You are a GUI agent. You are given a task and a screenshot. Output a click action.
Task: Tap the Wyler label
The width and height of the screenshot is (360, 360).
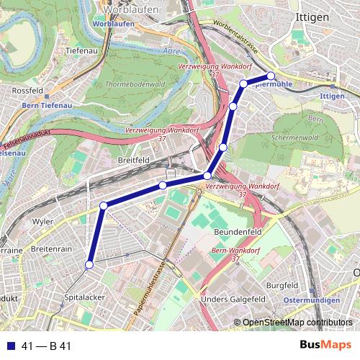coord(42,222)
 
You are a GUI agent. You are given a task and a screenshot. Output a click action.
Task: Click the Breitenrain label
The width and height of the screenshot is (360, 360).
coord(51,248)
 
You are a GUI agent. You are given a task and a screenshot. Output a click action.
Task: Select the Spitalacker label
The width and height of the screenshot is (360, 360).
coord(85,296)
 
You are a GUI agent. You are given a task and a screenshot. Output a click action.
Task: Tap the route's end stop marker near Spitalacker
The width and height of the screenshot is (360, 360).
coord(89,266)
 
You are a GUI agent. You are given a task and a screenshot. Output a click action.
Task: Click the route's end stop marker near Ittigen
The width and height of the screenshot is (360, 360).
coord(271,76)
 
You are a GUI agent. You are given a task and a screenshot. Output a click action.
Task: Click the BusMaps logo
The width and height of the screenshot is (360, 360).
coord(330,346)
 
